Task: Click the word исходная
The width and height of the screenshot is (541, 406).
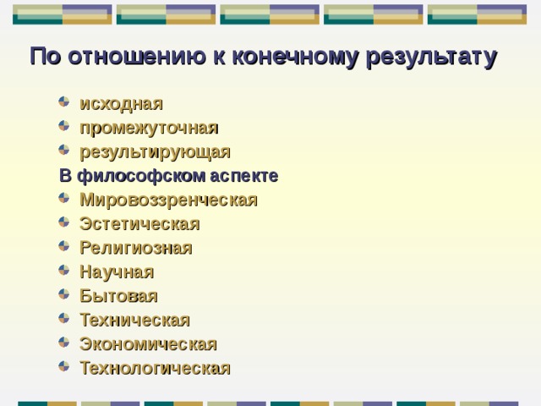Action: point(121,103)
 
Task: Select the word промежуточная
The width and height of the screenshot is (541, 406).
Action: point(149,128)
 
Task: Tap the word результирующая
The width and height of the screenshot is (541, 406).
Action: point(155,152)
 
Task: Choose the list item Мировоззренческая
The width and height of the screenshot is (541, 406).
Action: point(168,200)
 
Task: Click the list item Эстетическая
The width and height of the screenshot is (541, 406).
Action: point(139,224)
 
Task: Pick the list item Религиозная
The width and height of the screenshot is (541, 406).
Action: point(135,248)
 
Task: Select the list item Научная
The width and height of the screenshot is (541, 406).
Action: point(117,272)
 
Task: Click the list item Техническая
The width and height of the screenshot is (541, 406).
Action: point(134,320)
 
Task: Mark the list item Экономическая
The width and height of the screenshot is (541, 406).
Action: point(148,344)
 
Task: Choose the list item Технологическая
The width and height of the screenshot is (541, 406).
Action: point(155,368)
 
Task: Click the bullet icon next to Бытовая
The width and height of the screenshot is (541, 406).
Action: point(64,295)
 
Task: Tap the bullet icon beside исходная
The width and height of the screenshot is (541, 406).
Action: point(64,102)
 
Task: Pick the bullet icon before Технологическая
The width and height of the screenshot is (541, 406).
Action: point(64,367)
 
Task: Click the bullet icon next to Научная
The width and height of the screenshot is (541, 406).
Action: point(64,272)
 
